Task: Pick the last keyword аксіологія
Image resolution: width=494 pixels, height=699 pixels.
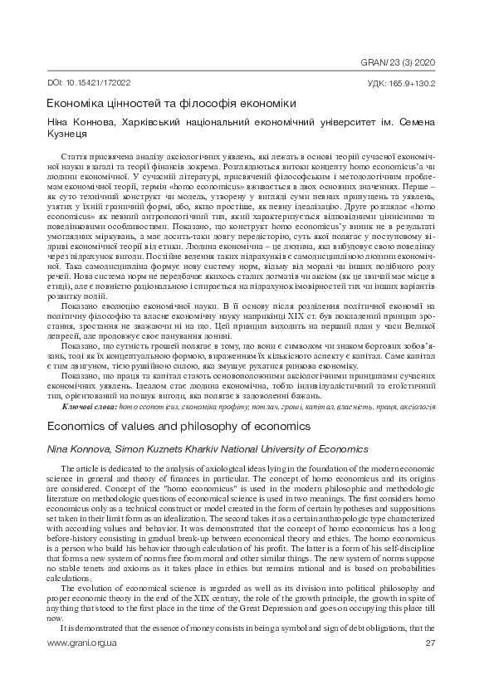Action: pos(421,408)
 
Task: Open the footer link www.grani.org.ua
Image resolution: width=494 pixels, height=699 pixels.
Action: pos(81,643)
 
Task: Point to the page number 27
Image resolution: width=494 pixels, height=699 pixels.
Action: pos(430,643)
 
